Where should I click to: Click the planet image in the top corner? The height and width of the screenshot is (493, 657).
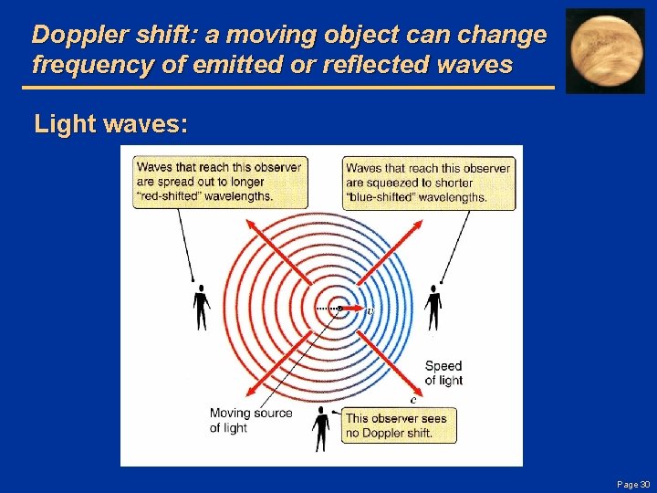click(x=604, y=51)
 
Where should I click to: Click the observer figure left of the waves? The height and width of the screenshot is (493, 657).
click(x=201, y=307)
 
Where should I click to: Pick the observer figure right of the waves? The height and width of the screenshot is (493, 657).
click(x=433, y=307)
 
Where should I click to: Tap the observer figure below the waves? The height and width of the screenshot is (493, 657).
click(x=321, y=429)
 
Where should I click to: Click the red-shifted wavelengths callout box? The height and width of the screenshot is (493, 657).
click(x=217, y=182)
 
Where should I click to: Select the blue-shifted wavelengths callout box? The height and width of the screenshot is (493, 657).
click(x=428, y=182)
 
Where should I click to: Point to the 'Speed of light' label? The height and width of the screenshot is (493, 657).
click(x=443, y=373)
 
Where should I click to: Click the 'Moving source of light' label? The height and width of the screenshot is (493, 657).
click(x=251, y=420)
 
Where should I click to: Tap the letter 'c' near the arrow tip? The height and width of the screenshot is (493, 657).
click(x=413, y=398)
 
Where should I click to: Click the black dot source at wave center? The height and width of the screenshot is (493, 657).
click(x=339, y=309)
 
